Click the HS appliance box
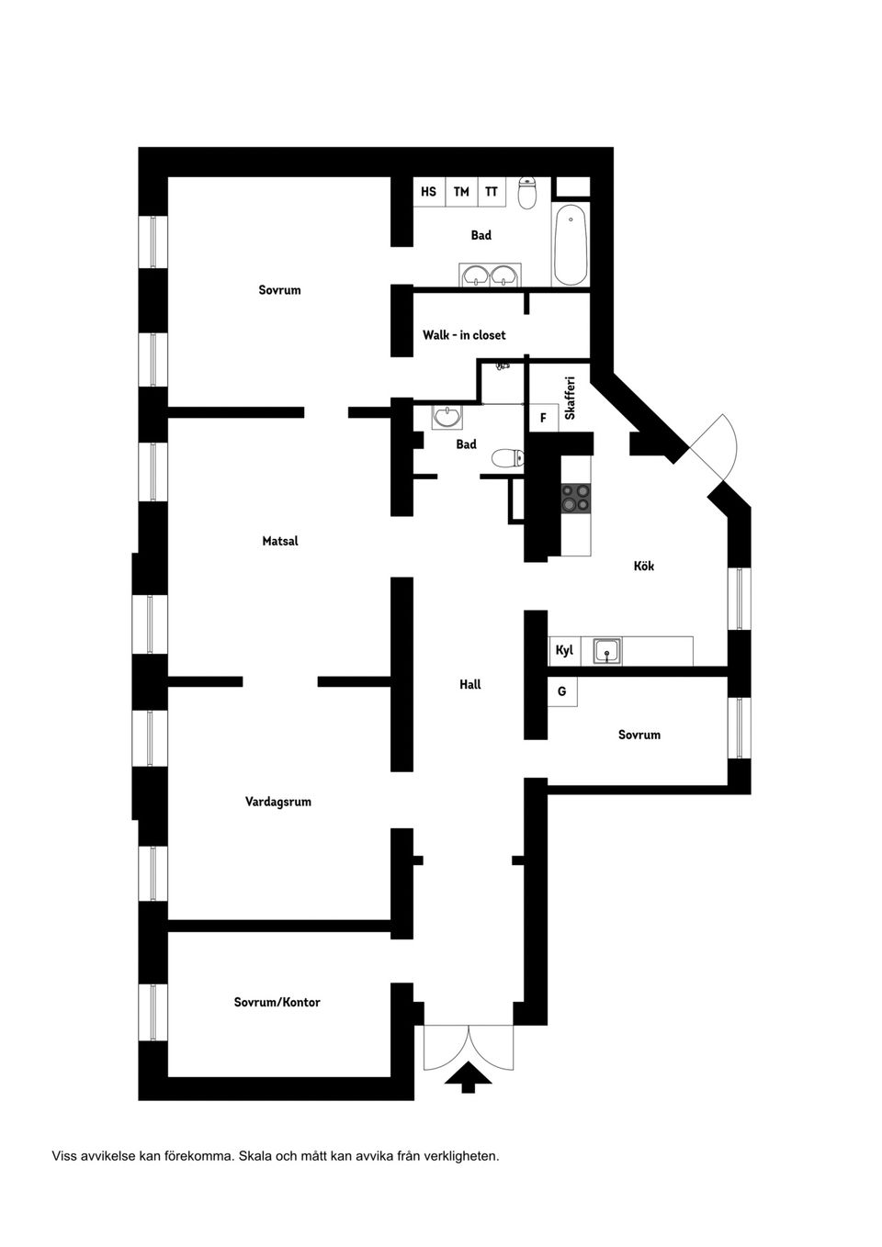click(429, 192)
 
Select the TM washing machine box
click(461, 192)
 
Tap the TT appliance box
click(492, 192)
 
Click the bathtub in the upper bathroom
click(571, 245)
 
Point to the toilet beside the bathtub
click(527, 193)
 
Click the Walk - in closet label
click(464, 335)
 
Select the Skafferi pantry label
click(570, 399)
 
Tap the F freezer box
click(543, 418)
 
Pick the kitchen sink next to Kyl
click(606, 651)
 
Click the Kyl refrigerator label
click(564, 650)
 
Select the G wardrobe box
click(562, 691)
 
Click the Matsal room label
click(280, 541)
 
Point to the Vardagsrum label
click(277, 802)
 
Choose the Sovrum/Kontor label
click(277, 1002)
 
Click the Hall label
click(469, 684)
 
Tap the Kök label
click(643, 567)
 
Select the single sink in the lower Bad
click(448, 418)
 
